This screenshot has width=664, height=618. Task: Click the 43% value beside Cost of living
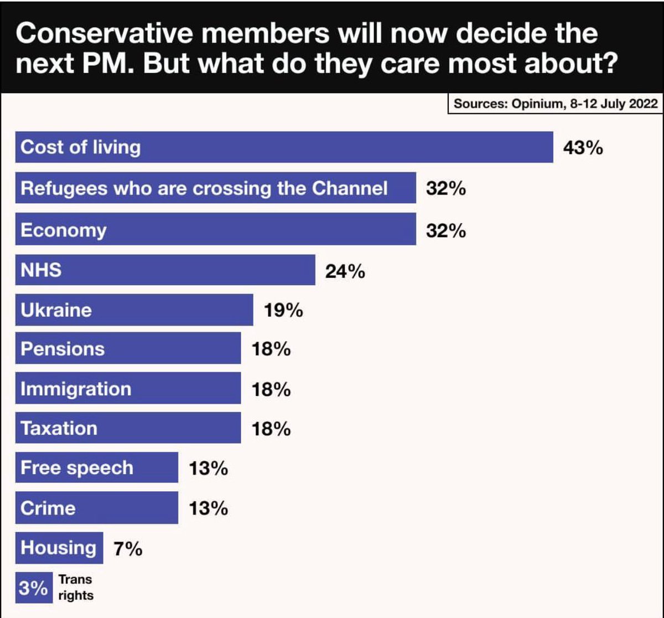pos(583,148)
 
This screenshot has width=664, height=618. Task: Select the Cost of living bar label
pos(80,147)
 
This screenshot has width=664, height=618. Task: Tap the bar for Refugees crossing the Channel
pos(216,188)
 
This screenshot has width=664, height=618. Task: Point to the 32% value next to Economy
pos(446,230)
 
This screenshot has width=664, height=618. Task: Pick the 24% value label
pos(345,271)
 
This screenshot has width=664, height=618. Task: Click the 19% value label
pos(283,311)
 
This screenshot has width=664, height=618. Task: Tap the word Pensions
pos(63,349)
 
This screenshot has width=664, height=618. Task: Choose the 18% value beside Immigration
pos(271,389)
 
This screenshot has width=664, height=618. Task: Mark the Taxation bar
pos(128,428)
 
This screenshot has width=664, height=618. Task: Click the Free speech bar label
pos(77,467)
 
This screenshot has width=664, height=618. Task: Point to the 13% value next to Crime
pos(208,508)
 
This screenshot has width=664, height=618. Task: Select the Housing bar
pos(59,548)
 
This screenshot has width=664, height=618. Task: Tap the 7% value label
pos(128,549)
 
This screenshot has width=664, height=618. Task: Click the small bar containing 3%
pos(33,588)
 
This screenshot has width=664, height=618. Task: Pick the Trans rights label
pos(76,588)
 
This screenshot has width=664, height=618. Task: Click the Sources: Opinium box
pos(555,104)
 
